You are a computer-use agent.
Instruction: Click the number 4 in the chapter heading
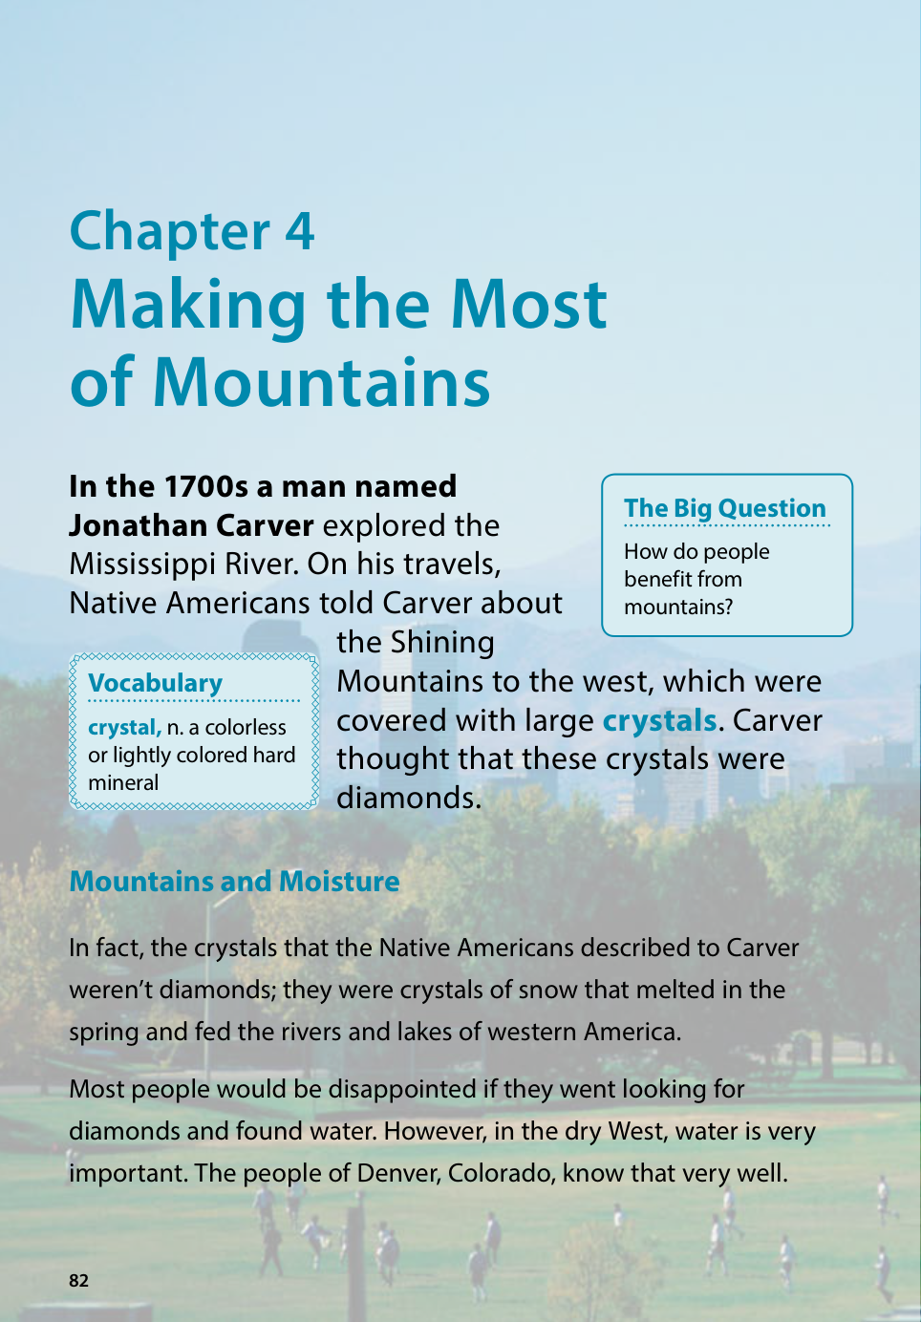pyautogui.click(x=299, y=232)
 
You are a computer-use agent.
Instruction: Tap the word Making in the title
pyautogui.click(x=190, y=306)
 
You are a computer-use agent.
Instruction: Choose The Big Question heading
pyautogui.click(x=724, y=508)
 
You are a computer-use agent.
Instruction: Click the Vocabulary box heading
pyautogui.click(x=155, y=683)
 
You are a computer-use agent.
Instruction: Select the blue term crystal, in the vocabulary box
pyautogui.click(x=124, y=728)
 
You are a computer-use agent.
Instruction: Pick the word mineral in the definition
pyautogui.click(x=123, y=783)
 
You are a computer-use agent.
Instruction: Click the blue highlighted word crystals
pyautogui.click(x=659, y=720)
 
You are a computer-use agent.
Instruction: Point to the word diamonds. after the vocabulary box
pyautogui.click(x=409, y=798)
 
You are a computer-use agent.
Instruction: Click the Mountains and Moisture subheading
pyautogui.click(x=234, y=881)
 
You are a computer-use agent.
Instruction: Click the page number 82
pyautogui.click(x=78, y=1281)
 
